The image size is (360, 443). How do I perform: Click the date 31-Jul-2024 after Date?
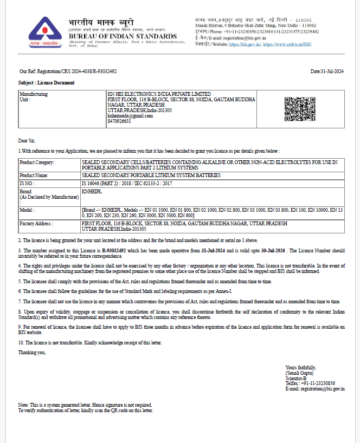[332, 71]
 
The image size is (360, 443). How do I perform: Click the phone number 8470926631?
[119, 121]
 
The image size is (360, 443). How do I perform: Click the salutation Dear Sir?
[27, 141]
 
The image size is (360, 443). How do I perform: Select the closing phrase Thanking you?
[32, 353]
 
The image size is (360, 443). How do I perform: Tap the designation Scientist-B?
[296, 378]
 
